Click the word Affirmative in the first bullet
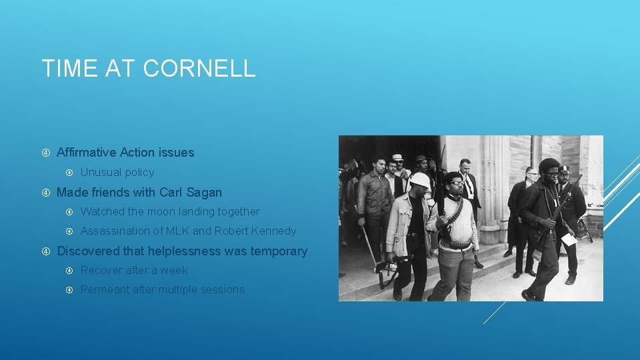89,153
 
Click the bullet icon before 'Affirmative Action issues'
46,153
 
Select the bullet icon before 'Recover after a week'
69,271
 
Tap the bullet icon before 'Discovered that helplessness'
46,252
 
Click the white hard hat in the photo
420,180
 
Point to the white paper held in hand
569,239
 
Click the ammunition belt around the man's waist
455,244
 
